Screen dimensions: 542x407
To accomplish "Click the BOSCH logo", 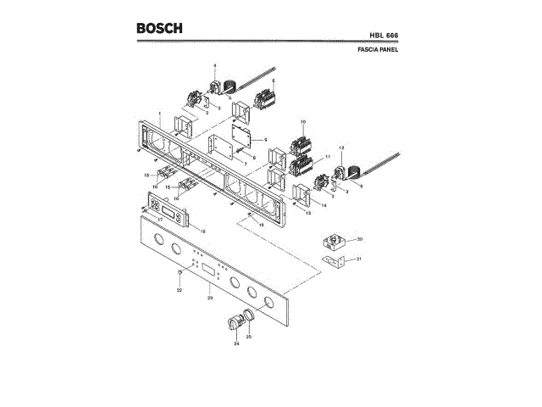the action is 159,28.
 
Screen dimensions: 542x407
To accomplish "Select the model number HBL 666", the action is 384,35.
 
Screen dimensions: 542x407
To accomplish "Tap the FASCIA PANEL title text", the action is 379,50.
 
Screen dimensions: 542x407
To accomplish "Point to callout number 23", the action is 209,298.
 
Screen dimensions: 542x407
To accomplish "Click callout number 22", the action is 180,291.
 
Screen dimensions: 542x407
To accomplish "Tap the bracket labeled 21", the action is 338,262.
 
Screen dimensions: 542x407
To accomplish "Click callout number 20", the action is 359,239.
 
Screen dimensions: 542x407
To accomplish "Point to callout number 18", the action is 202,231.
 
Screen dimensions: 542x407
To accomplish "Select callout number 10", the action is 302,122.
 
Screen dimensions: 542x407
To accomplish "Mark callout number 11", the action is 328,158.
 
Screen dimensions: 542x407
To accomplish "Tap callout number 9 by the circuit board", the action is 265,139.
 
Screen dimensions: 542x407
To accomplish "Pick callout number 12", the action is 341,149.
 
